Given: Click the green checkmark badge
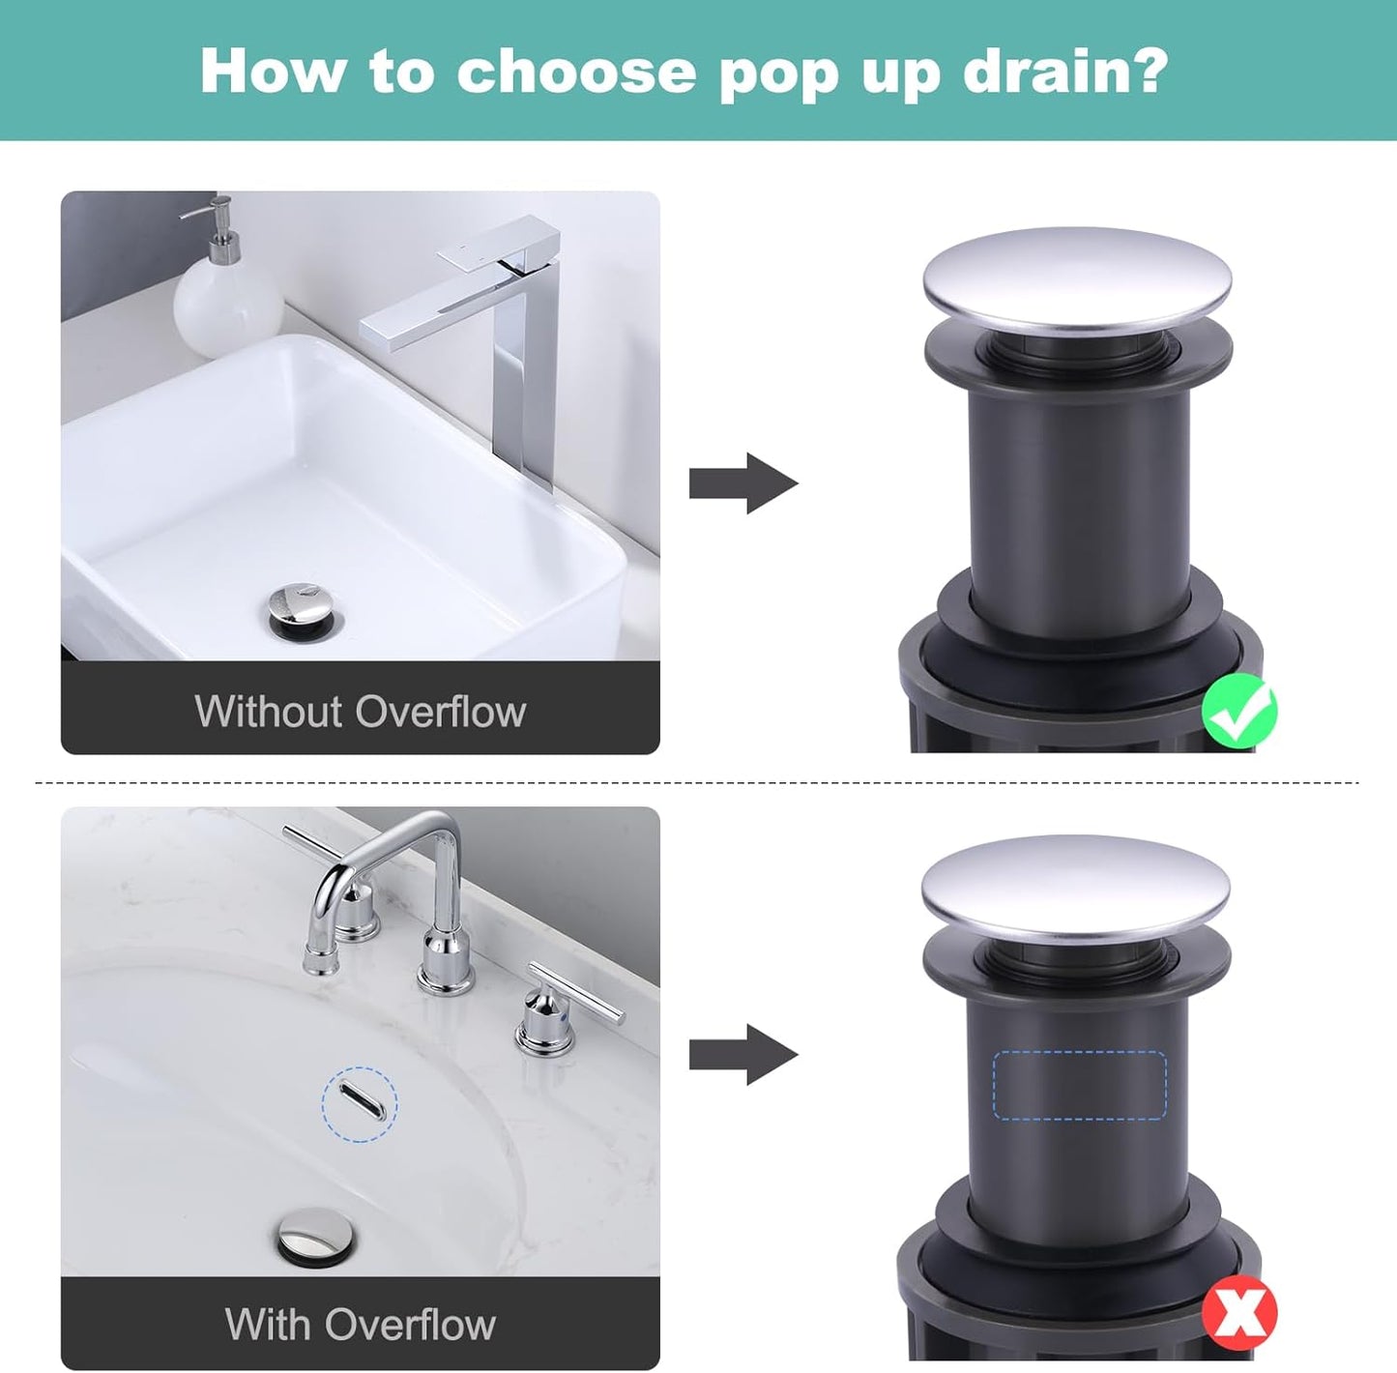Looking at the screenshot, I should [x=1238, y=713].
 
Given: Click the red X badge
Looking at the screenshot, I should [x=1239, y=1312].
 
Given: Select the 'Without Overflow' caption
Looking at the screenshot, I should [x=360, y=712].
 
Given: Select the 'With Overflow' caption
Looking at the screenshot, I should [x=360, y=1324].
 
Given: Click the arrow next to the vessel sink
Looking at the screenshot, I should [x=742, y=482].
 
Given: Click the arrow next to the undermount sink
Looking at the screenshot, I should [x=742, y=1054].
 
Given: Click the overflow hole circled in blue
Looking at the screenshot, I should [x=359, y=1104].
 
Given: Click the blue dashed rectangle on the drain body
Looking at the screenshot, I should [x=1079, y=1085].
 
